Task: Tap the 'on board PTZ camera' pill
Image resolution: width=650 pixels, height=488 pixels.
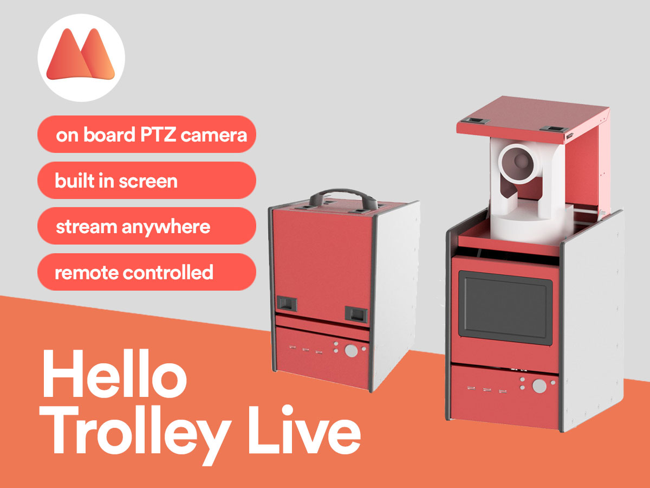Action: (x=146, y=134)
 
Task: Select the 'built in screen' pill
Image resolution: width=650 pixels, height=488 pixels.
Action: (x=146, y=180)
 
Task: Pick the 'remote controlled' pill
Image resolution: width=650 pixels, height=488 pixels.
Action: (x=146, y=272)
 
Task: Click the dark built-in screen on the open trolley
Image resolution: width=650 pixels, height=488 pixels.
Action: (x=505, y=309)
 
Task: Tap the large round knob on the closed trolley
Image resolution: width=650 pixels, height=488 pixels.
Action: (x=351, y=350)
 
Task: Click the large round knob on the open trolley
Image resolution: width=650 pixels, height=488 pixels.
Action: (x=538, y=386)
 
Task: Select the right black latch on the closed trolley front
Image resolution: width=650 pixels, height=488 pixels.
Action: (x=355, y=313)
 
